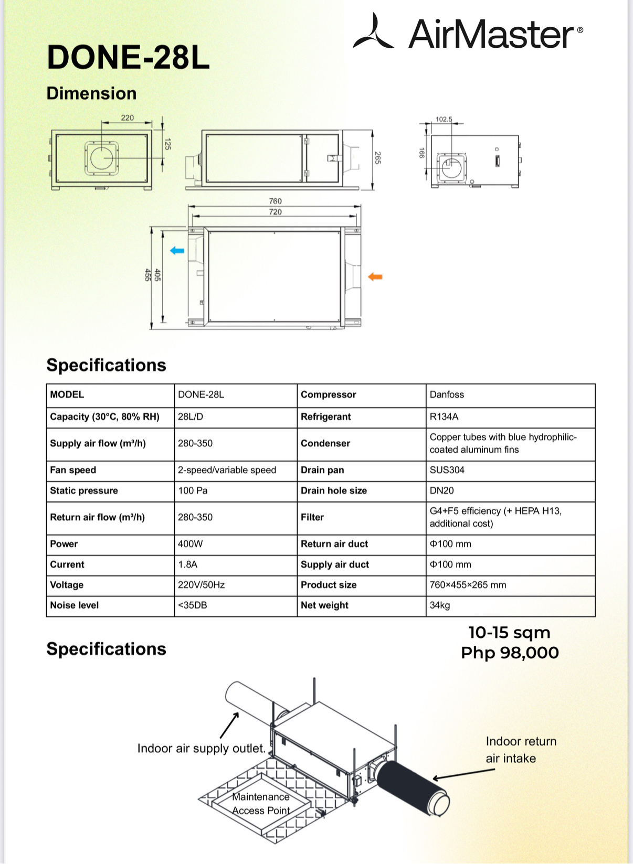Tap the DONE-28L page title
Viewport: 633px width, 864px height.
pyautogui.click(x=128, y=57)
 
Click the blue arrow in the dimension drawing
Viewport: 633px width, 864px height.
pyautogui.click(x=177, y=251)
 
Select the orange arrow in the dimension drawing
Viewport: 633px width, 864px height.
pyautogui.click(x=375, y=276)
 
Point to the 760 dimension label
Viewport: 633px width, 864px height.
pyautogui.click(x=275, y=201)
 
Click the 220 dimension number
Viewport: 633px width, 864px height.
pyautogui.click(x=128, y=118)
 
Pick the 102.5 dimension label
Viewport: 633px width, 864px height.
pyautogui.click(x=444, y=119)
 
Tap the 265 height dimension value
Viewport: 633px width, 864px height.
pyautogui.click(x=377, y=158)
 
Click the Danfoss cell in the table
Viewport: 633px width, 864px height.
pyautogui.click(x=447, y=394)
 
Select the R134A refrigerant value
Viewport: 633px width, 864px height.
pyautogui.click(x=444, y=417)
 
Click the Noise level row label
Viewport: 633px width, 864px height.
pyautogui.click(x=74, y=605)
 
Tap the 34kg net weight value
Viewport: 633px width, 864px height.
pyautogui.click(x=440, y=605)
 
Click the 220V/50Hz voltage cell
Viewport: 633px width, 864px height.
pyautogui.click(x=201, y=584)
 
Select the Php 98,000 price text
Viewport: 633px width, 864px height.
pyautogui.click(x=510, y=653)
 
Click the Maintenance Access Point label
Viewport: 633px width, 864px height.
pyautogui.click(x=261, y=804)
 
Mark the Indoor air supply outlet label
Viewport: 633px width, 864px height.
pyautogui.click(x=201, y=748)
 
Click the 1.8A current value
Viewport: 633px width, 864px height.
pyautogui.click(x=187, y=564)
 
